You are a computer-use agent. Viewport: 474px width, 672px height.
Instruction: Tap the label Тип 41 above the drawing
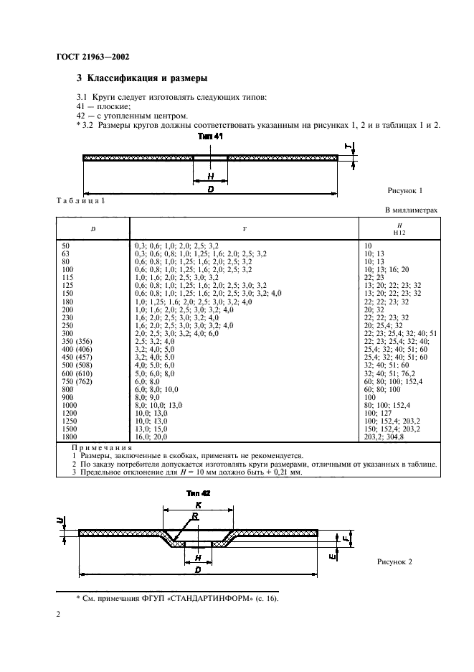[208, 136]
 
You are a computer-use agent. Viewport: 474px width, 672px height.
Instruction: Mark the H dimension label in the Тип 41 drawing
[209, 175]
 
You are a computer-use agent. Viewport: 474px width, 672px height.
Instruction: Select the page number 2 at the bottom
[59, 615]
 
